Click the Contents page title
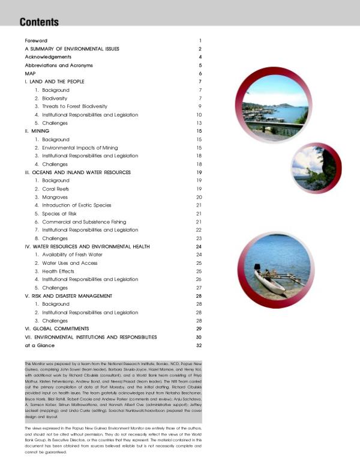[39, 22]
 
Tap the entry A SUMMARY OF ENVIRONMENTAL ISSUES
[72, 49]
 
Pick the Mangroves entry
[55, 197]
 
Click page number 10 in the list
[199, 114]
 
